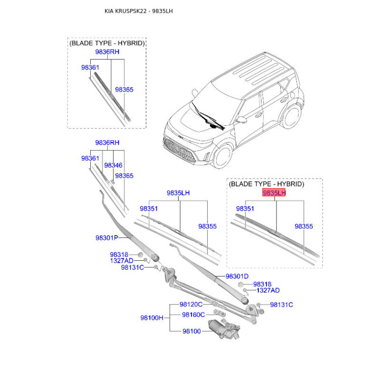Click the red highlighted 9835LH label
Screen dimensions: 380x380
pyautogui.click(x=274, y=193)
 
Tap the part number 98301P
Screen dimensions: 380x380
pyautogui.click(x=107, y=238)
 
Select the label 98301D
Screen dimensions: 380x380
pyautogui.click(x=237, y=276)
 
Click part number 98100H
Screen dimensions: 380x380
pyautogui.click(x=152, y=318)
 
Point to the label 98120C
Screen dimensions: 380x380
pyautogui.click(x=191, y=304)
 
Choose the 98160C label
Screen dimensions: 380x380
pyautogui.click(x=193, y=314)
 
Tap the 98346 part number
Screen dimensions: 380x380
pyautogui.click(x=113, y=165)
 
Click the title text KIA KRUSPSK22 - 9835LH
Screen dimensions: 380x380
pyautogui.click(x=139, y=11)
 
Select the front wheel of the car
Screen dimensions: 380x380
pyautogui.click(x=222, y=156)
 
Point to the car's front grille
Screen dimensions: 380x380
pyautogui.click(x=180, y=150)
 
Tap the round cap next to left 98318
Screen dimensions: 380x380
pyautogui.click(x=141, y=255)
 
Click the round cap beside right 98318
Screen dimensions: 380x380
pyautogui.click(x=241, y=285)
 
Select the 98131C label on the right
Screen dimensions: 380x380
pyautogui.click(x=282, y=304)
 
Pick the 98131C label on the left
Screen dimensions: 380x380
pyautogui.click(x=133, y=267)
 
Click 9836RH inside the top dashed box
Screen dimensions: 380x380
pyautogui.click(x=107, y=52)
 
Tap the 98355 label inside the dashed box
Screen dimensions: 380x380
pyautogui.click(x=304, y=226)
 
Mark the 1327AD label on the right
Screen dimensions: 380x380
pyautogui.click(x=268, y=290)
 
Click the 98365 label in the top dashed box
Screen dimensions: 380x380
pyautogui.click(x=124, y=90)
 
